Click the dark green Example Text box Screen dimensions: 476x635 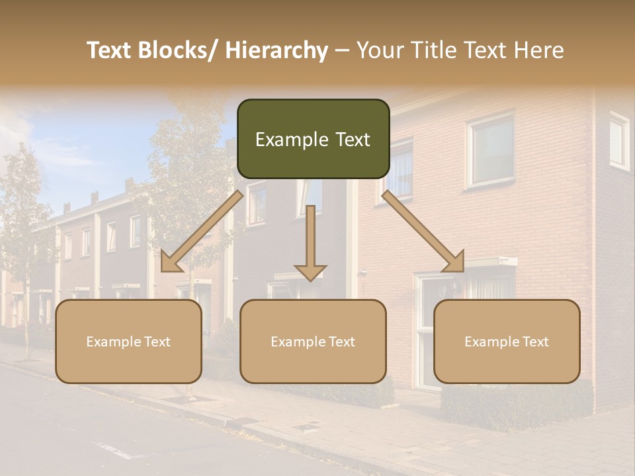[x=313, y=139]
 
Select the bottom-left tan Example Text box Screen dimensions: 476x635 [x=128, y=341]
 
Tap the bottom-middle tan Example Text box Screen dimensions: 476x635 [x=313, y=341]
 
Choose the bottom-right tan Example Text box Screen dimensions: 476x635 [x=507, y=341]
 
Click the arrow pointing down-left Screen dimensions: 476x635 [x=202, y=231]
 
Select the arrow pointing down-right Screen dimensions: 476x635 [x=423, y=231]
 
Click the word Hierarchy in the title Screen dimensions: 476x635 [x=276, y=51]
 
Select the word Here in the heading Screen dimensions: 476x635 [x=540, y=51]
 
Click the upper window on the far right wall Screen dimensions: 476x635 [x=619, y=140]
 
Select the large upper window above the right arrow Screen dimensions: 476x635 [x=491, y=151]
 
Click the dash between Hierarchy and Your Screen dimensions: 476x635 [x=342, y=51]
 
